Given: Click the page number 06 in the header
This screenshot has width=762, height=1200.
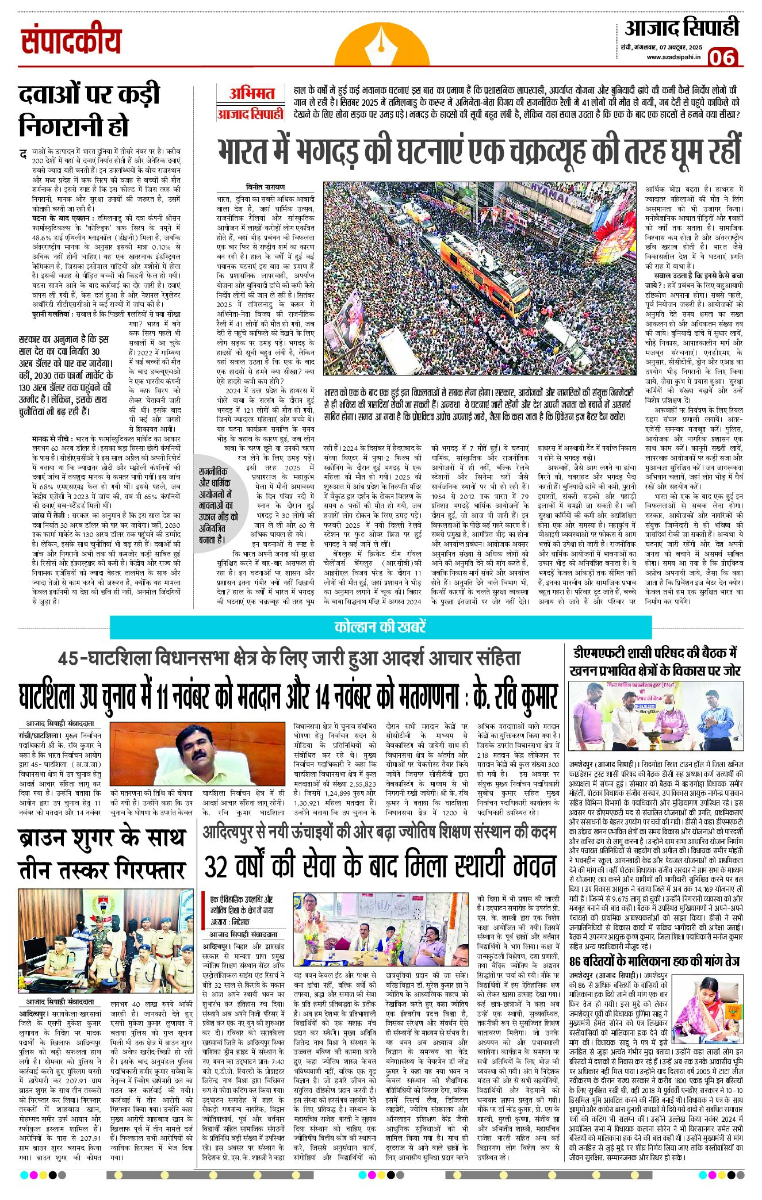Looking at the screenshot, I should pos(723,57).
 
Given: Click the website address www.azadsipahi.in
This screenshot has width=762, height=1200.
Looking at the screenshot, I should pos(673,57).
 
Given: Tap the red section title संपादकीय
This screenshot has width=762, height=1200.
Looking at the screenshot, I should pos(72,42).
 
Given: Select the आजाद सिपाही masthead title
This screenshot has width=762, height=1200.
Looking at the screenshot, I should pos(681,28).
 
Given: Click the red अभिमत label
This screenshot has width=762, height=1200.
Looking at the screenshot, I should pos(251,93).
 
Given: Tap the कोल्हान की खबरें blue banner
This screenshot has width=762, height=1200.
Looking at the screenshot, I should pos(380,626).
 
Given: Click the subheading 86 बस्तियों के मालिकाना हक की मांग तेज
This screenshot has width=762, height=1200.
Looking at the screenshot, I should pos(654,962).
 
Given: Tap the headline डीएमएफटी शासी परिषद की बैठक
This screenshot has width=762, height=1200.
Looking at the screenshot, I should pos(654,661).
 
